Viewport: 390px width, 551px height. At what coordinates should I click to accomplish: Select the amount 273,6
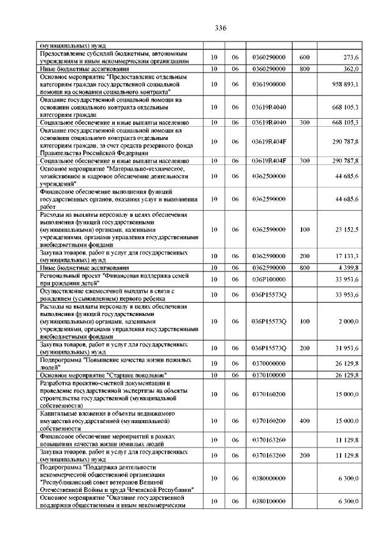pos(351,57)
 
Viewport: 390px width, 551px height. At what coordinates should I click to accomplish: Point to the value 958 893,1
pos(346,84)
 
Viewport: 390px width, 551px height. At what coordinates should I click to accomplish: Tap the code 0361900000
pos(268,84)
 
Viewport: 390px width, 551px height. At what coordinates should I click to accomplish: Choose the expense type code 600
pos(305,57)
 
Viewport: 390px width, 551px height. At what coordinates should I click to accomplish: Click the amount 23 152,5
pos(346,230)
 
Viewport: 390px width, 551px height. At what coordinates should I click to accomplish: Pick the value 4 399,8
pos(349,268)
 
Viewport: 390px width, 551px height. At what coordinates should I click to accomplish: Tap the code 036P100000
pos(268,279)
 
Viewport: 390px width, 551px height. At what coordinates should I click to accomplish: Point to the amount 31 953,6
pos(346,348)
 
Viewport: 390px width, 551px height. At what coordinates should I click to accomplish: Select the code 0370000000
pos(268,363)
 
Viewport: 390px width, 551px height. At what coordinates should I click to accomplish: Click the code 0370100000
pos(268,375)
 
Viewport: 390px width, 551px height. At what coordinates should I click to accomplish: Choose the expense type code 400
pos(305,420)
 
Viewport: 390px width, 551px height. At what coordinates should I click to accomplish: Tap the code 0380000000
pos(268,479)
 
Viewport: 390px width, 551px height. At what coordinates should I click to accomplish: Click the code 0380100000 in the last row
pos(268,501)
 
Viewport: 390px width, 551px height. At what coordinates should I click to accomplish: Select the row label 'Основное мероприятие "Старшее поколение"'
pos(104,375)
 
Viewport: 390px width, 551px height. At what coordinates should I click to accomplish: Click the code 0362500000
pos(268,177)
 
